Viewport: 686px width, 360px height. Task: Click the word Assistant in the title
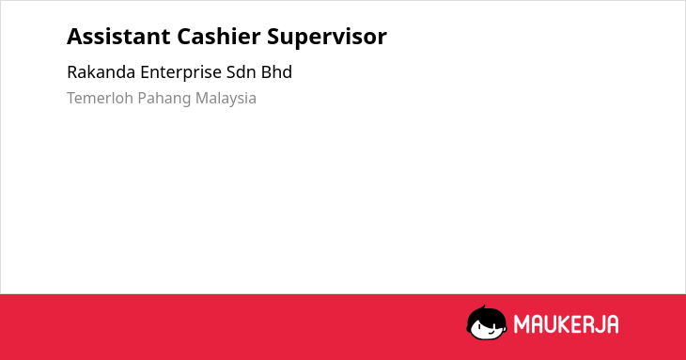(x=118, y=37)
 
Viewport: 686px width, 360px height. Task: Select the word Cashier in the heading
(x=218, y=37)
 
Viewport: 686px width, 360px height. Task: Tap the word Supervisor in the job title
(x=327, y=38)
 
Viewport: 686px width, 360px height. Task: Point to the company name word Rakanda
(x=101, y=72)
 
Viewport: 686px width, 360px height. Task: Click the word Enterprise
(x=180, y=73)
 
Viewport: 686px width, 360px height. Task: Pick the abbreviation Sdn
(x=242, y=72)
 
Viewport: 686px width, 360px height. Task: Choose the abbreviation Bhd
(x=276, y=72)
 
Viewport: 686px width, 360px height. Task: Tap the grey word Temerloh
(x=100, y=98)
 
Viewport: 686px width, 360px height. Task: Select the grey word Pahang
(x=164, y=99)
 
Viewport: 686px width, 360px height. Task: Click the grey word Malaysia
(x=226, y=99)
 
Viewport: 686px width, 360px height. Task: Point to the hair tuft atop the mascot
(x=483, y=308)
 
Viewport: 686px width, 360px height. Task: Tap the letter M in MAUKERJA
(x=521, y=324)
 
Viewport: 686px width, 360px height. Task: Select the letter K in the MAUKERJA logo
(x=563, y=324)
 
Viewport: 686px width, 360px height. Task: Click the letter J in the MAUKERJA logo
(x=599, y=324)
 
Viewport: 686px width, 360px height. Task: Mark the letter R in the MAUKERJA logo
(x=587, y=324)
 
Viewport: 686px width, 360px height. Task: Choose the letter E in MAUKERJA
(x=575, y=324)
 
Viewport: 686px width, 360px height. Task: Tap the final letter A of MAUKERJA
(x=612, y=324)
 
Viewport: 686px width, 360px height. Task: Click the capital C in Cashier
(x=184, y=37)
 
